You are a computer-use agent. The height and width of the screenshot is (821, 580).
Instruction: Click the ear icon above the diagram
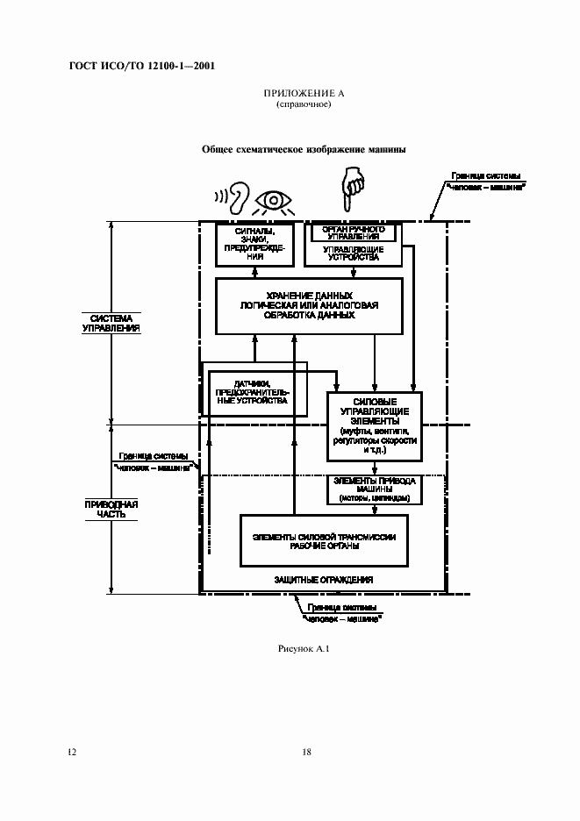(x=237, y=196)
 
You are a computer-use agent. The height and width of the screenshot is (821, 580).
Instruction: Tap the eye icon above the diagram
(x=276, y=201)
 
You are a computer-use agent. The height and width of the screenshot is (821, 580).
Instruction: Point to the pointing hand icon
(x=353, y=187)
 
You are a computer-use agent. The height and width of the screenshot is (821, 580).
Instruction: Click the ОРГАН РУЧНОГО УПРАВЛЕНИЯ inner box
(x=350, y=232)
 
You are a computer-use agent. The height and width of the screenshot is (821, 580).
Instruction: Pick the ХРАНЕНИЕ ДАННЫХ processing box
(x=310, y=305)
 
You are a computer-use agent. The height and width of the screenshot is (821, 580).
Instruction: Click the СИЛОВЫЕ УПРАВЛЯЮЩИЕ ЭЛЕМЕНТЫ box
(x=375, y=425)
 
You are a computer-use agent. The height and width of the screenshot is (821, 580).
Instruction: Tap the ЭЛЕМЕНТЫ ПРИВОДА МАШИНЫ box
(x=375, y=489)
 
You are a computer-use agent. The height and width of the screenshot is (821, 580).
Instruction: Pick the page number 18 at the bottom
(x=306, y=752)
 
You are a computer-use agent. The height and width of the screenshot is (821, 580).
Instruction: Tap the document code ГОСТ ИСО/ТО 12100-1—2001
(x=141, y=66)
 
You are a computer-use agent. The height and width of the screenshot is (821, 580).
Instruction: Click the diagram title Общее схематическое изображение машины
(x=304, y=149)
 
